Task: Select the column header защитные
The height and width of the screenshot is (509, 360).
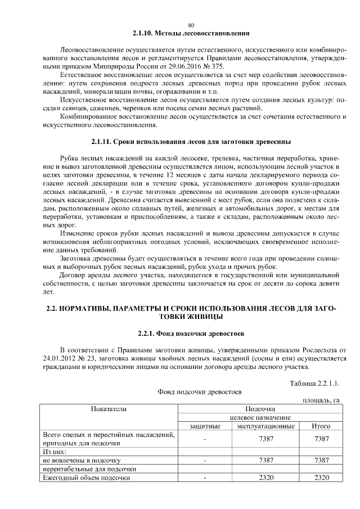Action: pos(205,426)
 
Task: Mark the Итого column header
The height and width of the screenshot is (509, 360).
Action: pos(321,426)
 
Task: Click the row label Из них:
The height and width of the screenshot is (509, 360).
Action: pos(55,452)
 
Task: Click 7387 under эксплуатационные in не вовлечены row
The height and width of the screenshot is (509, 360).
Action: pos(265,460)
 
